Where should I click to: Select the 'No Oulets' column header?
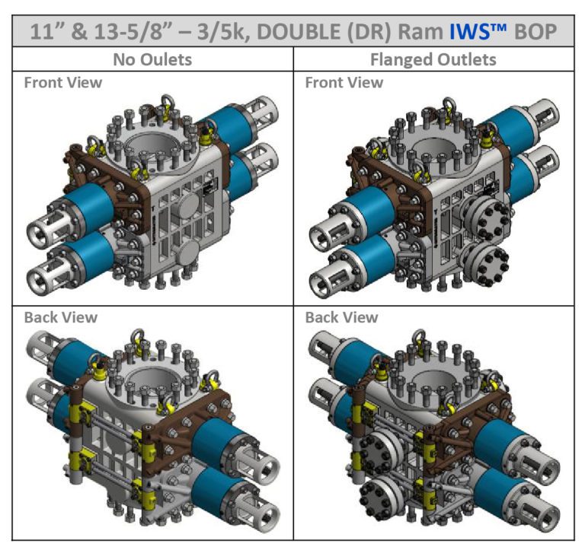coord(152,59)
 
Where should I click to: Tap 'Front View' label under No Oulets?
coord(63,82)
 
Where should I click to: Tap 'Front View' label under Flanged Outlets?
coord(344,82)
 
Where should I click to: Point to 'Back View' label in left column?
coord(61,317)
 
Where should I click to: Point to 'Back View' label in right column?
coord(342,317)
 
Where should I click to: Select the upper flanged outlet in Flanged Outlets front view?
coord(484,218)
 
